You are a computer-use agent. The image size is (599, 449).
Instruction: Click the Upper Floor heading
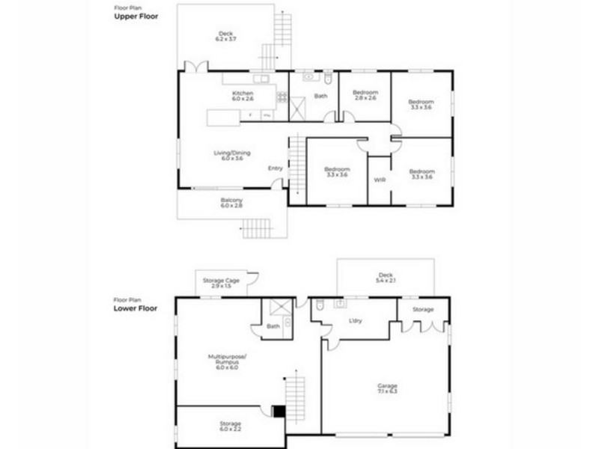point(136,16)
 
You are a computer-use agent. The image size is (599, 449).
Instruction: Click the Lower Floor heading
point(136,308)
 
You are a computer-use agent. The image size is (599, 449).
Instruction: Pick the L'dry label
point(356,320)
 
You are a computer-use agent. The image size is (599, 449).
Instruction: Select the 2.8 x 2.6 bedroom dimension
point(365,98)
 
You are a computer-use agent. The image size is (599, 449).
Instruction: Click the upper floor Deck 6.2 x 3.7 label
point(225,36)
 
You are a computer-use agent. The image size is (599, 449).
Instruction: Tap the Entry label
point(275,168)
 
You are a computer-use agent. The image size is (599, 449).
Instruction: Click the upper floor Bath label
point(320,96)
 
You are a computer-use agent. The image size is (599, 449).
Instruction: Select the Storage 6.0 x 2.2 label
point(231,426)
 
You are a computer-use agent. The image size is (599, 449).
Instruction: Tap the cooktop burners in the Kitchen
point(282,97)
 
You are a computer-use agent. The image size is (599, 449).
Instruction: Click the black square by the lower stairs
point(279,411)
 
